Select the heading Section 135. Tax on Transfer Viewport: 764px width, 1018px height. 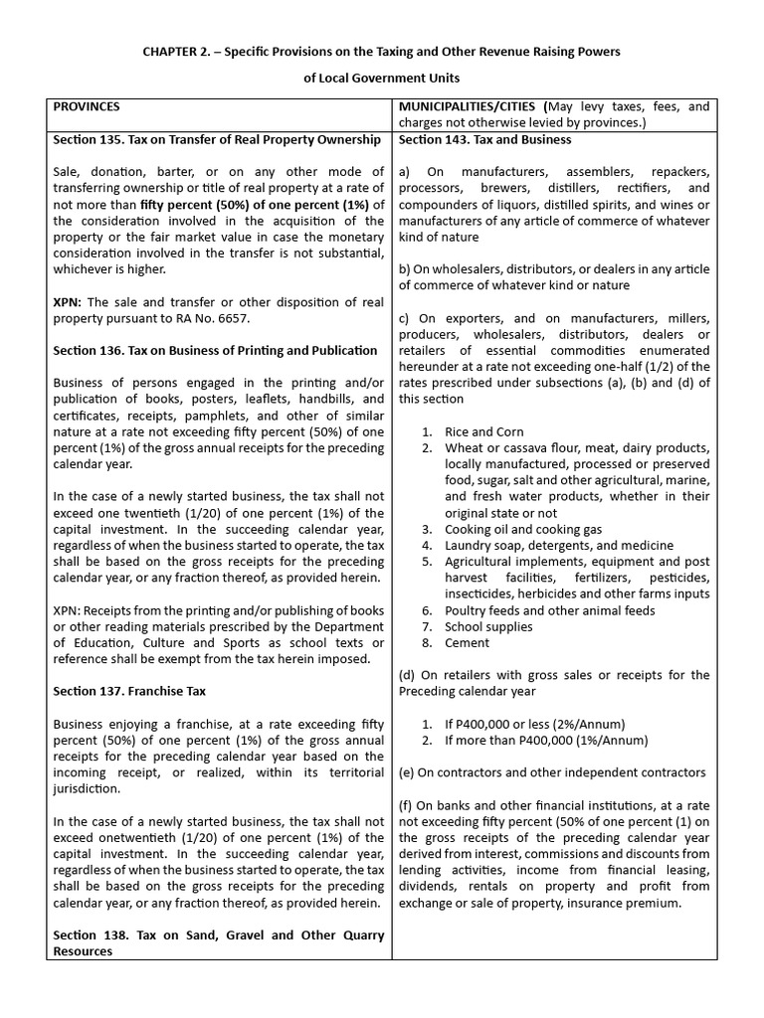point(217,139)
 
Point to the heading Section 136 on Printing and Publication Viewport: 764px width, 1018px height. point(215,350)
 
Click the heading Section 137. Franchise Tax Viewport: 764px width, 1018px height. point(129,690)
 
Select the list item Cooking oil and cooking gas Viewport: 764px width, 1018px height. point(523,529)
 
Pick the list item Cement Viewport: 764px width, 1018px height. point(467,642)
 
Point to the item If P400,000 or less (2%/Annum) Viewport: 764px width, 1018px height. point(534,724)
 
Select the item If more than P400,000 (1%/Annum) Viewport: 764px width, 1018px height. point(546,740)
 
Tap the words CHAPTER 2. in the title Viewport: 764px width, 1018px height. point(176,51)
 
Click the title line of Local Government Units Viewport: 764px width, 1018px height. point(381,78)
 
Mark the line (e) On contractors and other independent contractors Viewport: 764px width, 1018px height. point(553,772)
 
